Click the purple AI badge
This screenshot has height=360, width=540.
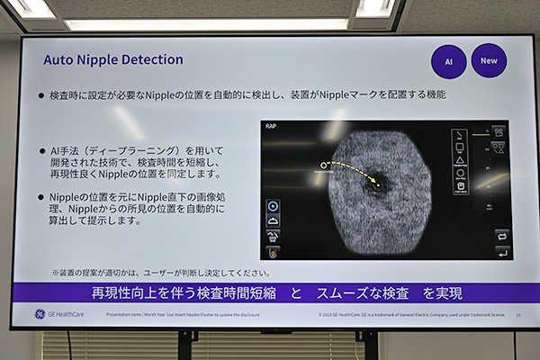(x=449, y=61)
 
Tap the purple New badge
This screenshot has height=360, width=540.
(x=489, y=60)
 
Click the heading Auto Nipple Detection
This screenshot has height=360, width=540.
(x=113, y=59)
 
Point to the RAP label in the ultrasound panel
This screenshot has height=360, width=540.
(x=272, y=128)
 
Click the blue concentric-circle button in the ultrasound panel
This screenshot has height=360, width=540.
(x=274, y=205)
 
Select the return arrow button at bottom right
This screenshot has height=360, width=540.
(x=501, y=253)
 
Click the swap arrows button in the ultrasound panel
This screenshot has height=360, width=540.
(x=501, y=235)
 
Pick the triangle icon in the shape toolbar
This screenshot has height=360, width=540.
(x=460, y=159)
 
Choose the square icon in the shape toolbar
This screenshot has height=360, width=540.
(x=460, y=148)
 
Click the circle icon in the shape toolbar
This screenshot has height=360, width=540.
(x=460, y=172)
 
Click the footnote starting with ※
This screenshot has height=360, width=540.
(x=160, y=272)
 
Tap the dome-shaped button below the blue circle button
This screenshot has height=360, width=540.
(x=274, y=220)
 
